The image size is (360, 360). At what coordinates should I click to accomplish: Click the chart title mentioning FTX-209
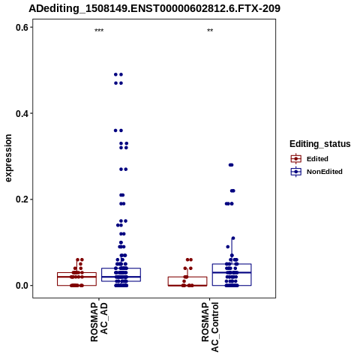(x=154, y=8)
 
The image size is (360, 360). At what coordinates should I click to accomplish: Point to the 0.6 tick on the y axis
(x=22, y=27)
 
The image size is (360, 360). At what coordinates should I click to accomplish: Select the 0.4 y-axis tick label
(x=22, y=113)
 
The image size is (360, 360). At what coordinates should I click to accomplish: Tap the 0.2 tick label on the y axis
(x=22, y=199)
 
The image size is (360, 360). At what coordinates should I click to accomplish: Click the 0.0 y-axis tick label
(x=22, y=286)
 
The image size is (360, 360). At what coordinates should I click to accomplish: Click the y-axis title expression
(x=8, y=158)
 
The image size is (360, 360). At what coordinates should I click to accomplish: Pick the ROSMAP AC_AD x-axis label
(x=99, y=322)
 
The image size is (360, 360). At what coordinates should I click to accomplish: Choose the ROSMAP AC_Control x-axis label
(x=210, y=327)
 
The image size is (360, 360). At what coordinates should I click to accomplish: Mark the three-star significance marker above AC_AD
(x=99, y=31)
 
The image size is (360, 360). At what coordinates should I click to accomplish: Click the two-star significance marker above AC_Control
(x=210, y=31)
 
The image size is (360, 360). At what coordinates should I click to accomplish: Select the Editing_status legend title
(x=320, y=144)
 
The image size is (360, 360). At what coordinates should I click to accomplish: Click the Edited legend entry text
(x=317, y=159)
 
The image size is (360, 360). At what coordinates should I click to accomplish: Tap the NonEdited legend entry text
(x=325, y=172)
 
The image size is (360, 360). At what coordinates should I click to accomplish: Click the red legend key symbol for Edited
(x=296, y=159)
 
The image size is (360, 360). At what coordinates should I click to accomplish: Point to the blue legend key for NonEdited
(x=296, y=172)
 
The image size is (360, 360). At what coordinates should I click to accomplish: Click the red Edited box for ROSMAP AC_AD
(x=76, y=279)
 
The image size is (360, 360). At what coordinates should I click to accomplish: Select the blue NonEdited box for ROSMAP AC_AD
(x=121, y=274)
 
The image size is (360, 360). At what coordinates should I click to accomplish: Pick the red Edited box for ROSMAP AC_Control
(x=187, y=281)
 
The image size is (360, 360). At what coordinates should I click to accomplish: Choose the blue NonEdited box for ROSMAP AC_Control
(x=232, y=274)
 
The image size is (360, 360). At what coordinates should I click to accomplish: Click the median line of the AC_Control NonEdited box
(x=232, y=272)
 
